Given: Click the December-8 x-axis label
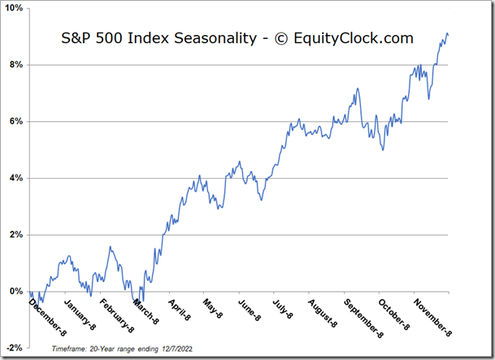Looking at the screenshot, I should click(x=48, y=318).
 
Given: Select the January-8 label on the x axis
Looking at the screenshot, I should click(x=80, y=316).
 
